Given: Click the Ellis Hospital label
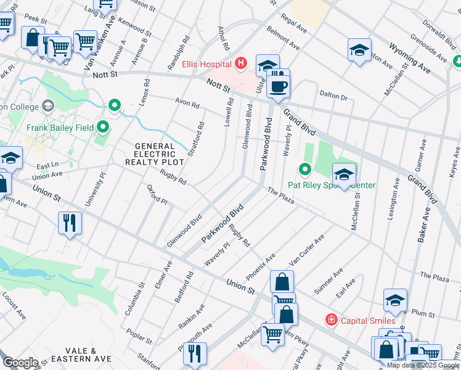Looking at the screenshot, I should [206, 64].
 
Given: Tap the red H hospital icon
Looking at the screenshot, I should [240, 64].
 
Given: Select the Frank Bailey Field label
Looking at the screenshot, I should [60, 128].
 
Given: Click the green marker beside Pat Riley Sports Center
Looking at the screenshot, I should [304, 168].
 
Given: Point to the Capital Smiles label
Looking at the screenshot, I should [369, 320].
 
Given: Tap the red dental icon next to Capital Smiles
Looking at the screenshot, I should [332, 319].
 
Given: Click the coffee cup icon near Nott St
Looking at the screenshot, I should [278, 86].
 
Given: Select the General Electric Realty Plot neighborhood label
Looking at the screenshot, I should [155, 154].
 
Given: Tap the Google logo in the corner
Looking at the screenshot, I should [20, 363].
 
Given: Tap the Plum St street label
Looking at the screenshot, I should [423, 313].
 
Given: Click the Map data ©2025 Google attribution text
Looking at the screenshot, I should [423, 365].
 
